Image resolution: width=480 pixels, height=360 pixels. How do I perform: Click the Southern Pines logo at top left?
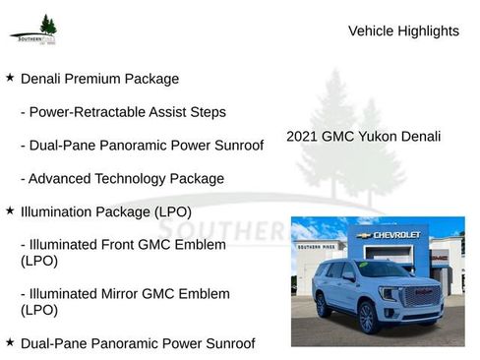click(x=34, y=30)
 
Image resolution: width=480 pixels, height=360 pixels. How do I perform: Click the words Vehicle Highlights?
click(x=403, y=30)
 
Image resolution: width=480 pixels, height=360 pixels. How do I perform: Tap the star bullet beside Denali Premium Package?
click(x=10, y=77)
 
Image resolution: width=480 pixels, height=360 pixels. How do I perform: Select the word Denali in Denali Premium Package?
click(x=43, y=79)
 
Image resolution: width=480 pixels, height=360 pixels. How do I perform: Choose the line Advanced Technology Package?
click(x=122, y=179)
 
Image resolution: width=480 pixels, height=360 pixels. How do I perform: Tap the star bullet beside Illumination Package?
click(x=10, y=210)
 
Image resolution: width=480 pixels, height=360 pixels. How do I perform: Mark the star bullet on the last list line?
click(x=10, y=342)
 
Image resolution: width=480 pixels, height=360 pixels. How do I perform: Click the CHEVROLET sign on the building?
click(x=396, y=235)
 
